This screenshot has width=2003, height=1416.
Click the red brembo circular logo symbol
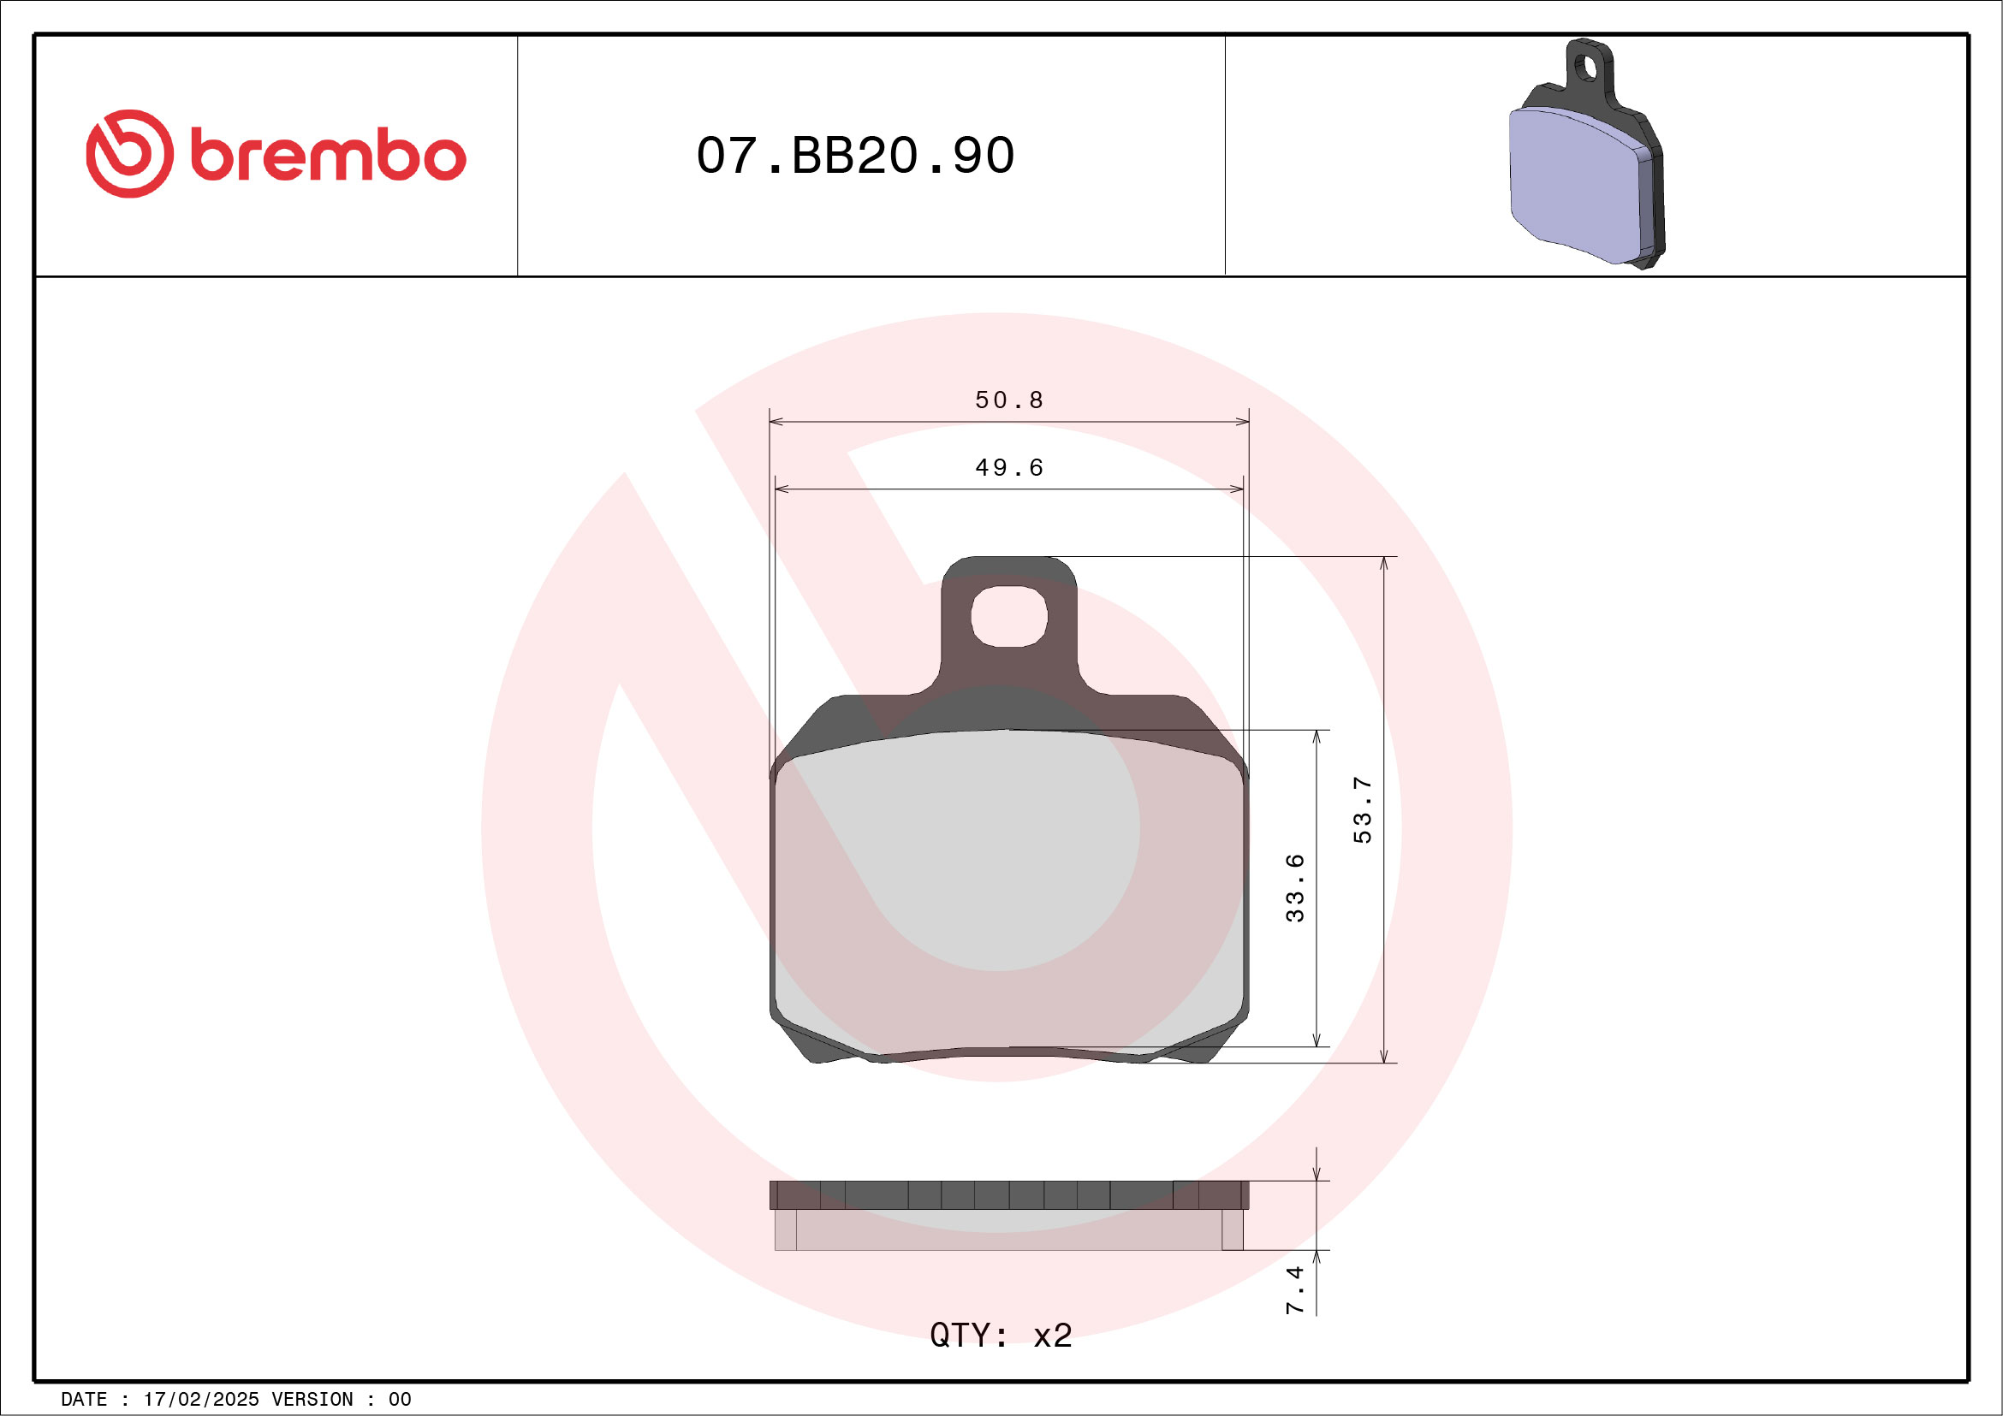(129, 153)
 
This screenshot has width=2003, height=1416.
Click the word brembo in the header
(328, 156)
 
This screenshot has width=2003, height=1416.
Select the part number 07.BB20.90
(855, 156)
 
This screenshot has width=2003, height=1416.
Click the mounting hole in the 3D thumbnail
(1587, 68)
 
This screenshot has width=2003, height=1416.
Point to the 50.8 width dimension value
(1008, 400)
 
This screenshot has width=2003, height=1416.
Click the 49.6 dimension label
(1008, 468)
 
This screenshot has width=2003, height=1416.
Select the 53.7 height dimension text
(1362, 810)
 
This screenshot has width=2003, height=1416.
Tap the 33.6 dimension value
(1294, 888)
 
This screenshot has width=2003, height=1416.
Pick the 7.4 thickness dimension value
(1294, 1291)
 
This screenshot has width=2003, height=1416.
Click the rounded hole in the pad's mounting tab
(1008, 616)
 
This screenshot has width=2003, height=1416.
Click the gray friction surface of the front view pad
(1008, 889)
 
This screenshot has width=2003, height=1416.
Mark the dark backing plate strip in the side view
(1008, 1194)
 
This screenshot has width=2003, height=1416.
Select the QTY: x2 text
(1001, 1336)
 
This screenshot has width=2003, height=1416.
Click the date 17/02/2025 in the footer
(200, 1400)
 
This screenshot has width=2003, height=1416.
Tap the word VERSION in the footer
(312, 1400)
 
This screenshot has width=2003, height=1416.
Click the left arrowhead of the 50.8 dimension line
(775, 422)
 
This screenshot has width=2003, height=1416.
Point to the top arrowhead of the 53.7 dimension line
(1383, 563)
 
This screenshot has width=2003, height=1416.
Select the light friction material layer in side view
(1008, 1229)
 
